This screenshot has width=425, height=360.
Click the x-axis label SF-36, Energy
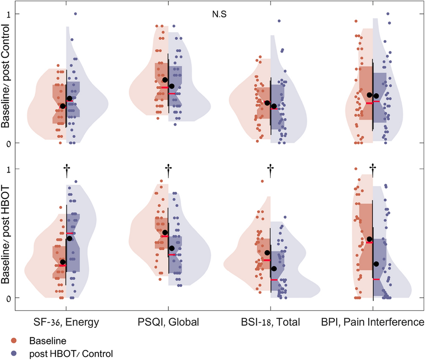point(66,322)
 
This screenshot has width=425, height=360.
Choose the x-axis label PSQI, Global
point(169,322)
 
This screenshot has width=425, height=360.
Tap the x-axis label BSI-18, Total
point(271,322)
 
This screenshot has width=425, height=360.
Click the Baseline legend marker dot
point(14,340)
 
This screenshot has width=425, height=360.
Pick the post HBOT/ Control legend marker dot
point(14,353)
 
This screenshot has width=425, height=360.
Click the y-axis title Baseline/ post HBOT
point(6,233)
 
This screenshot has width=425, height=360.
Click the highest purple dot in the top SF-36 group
point(75,14)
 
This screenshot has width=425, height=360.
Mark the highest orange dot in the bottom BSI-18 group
point(262,181)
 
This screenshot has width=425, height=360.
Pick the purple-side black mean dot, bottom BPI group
point(376,264)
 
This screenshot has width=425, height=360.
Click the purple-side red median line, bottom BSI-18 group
point(274,280)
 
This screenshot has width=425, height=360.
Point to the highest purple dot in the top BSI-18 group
point(279,21)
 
